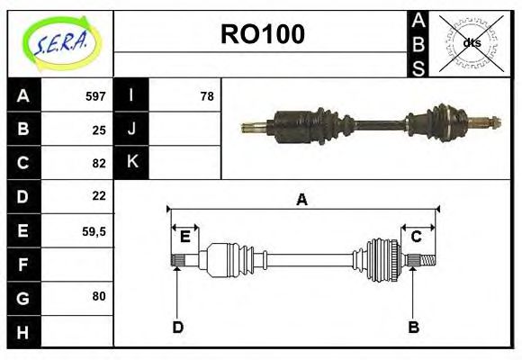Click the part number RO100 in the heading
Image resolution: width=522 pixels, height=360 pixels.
(x=263, y=34)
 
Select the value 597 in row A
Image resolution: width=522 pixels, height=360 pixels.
(x=95, y=96)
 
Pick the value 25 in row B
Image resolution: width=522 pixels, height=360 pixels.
(x=99, y=130)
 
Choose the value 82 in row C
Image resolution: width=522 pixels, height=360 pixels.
(x=99, y=163)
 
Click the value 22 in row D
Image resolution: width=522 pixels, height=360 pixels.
(x=99, y=195)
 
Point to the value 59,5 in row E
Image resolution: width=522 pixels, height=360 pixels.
(x=94, y=230)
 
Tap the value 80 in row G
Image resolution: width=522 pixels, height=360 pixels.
(x=99, y=296)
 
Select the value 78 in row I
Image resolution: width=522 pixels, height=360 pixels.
(x=206, y=96)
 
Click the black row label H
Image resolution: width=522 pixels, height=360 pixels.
(x=22, y=332)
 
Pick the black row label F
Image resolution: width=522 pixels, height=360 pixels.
(x=22, y=265)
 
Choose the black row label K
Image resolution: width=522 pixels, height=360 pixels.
(x=131, y=163)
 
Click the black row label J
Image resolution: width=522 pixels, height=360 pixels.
(x=131, y=130)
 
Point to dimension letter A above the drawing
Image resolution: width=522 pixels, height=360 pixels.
(x=301, y=200)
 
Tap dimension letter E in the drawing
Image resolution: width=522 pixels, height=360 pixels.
(x=184, y=237)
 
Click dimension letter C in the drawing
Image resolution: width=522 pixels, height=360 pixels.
(x=417, y=237)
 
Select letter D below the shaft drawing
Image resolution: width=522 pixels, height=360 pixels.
(x=177, y=327)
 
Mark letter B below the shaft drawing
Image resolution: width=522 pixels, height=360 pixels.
(x=413, y=327)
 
